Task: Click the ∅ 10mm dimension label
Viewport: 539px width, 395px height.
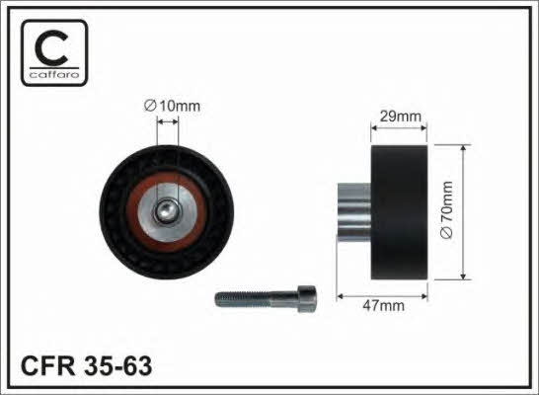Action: (172, 106)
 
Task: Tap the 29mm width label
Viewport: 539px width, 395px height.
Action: (401, 117)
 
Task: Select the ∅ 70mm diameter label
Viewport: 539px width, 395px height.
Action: (446, 209)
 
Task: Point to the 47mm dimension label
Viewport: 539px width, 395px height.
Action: (384, 305)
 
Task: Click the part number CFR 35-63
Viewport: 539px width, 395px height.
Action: (86, 366)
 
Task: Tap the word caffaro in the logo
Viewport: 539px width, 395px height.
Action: (54, 74)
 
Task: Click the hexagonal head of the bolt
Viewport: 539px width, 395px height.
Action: (307, 299)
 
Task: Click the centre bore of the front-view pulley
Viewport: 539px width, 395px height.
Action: (166, 212)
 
